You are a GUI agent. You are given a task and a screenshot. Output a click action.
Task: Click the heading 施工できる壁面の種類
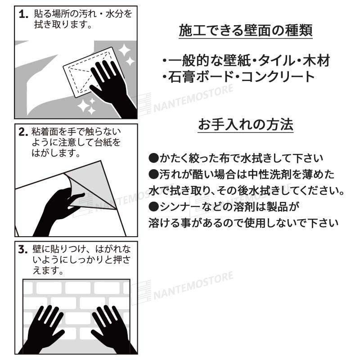click(246, 31)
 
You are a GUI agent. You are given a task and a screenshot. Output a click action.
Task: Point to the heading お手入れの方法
click(246, 124)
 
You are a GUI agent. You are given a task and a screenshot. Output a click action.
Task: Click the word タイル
click(267, 59)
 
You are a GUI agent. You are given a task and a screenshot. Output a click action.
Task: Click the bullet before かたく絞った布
click(153, 158)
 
